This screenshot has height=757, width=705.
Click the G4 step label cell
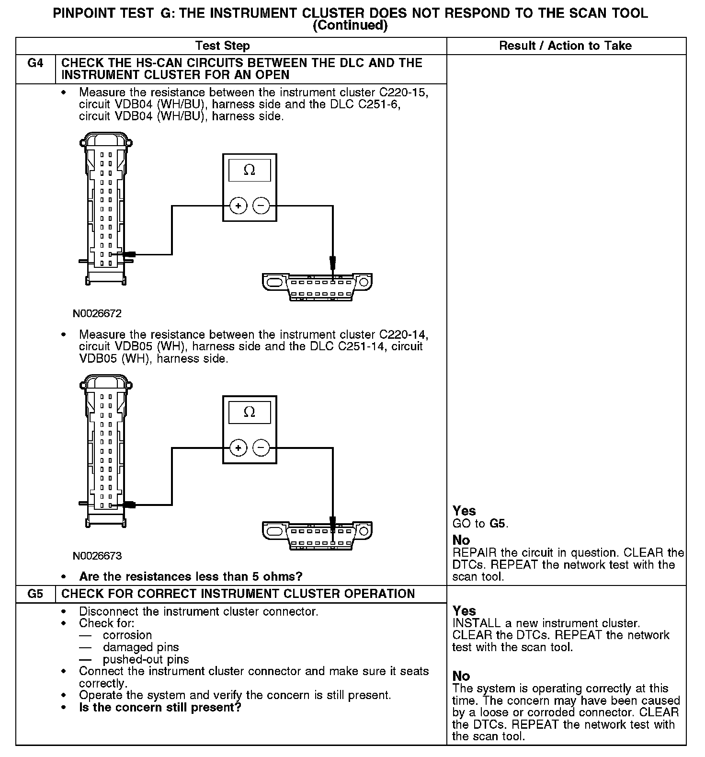pyautogui.click(x=35, y=64)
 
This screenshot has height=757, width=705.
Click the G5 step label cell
pyautogui.click(x=35, y=594)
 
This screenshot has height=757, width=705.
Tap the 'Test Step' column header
pyautogui.click(x=223, y=46)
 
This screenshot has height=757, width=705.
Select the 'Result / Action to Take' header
pyautogui.click(x=565, y=46)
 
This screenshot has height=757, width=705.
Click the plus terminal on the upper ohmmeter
pyautogui.click(x=238, y=206)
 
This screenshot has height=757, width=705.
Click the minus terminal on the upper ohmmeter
pyautogui.click(x=261, y=206)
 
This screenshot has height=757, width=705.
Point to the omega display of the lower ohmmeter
pyautogui.click(x=250, y=412)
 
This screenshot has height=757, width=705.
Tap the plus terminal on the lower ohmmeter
pyautogui.click(x=238, y=448)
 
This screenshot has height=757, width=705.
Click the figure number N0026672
pyautogui.click(x=97, y=314)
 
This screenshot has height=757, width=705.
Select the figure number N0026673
pyautogui.click(x=97, y=556)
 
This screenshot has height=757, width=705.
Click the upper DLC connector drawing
pyautogui.click(x=317, y=286)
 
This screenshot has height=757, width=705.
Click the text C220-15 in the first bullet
pyautogui.click(x=403, y=92)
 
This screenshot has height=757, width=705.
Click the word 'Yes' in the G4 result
pyautogui.click(x=464, y=511)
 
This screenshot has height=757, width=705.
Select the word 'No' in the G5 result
pyautogui.click(x=461, y=676)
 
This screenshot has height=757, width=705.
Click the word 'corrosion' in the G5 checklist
pyautogui.click(x=127, y=635)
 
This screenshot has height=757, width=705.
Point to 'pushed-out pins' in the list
pyautogui.click(x=146, y=659)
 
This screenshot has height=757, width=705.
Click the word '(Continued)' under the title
pyautogui.click(x=350, y=25)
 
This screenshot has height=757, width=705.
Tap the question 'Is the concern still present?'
pyautogui.click(x=160, y=707)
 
